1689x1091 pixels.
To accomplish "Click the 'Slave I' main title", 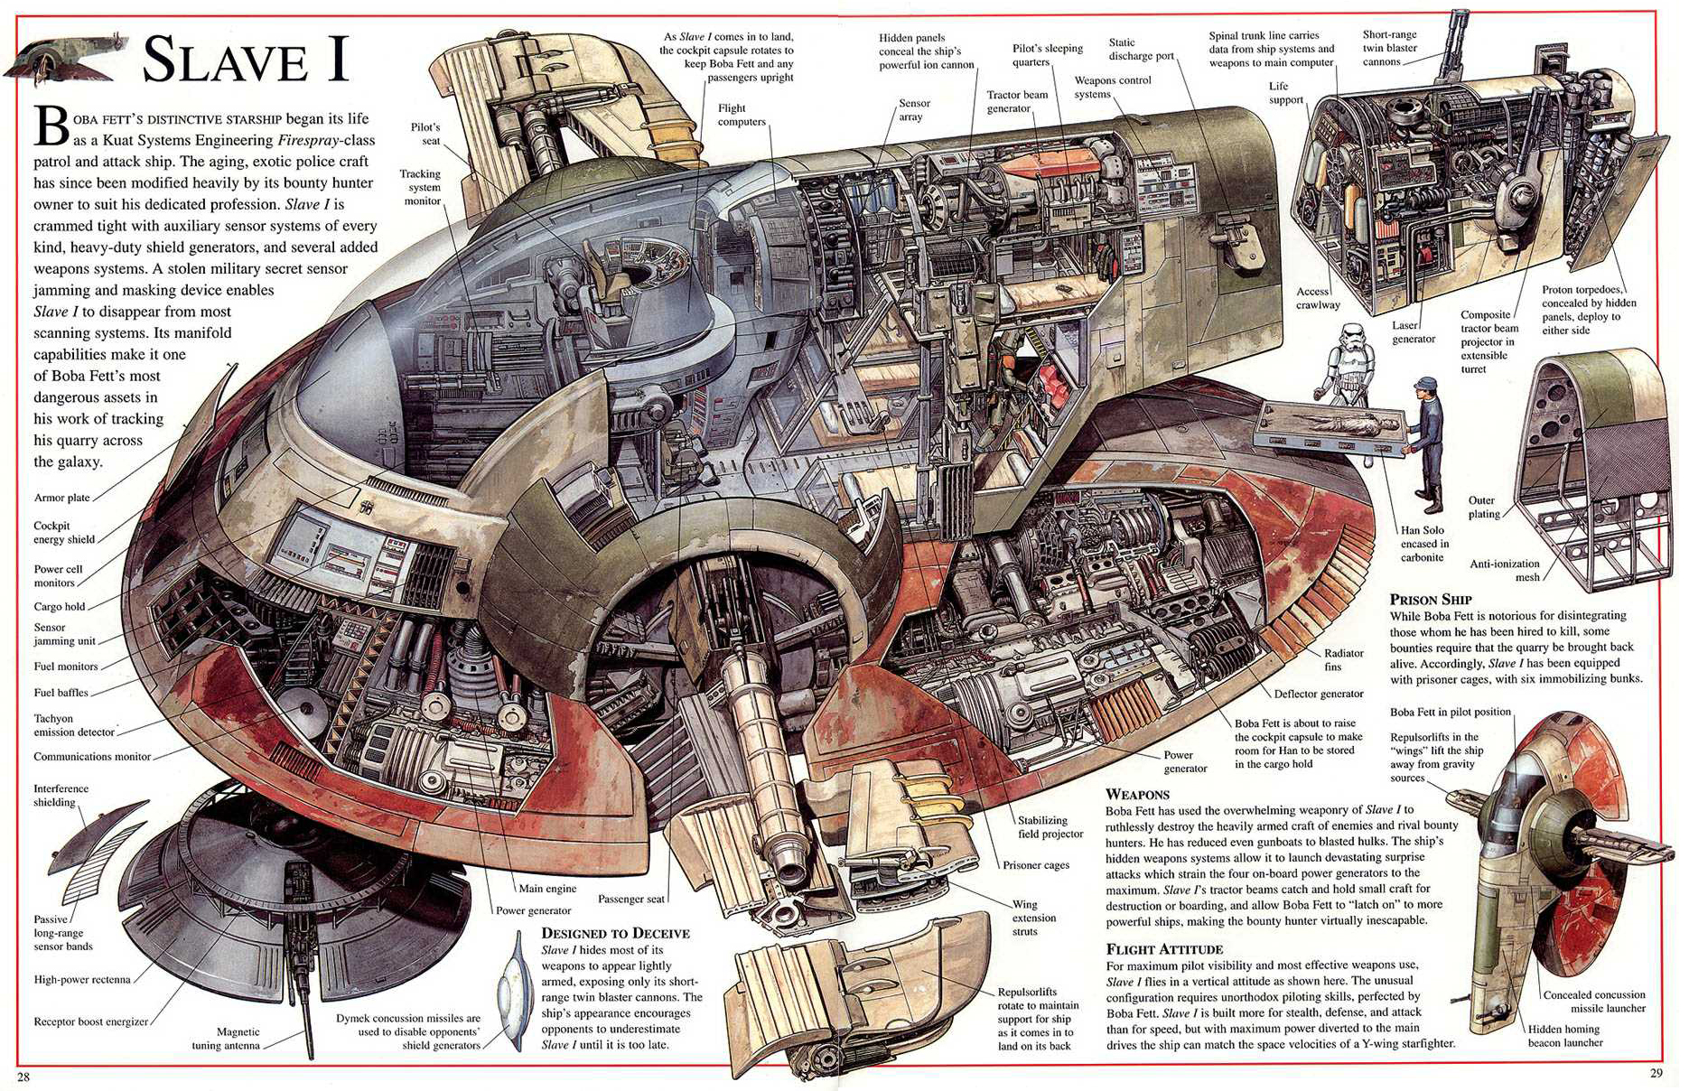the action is pos(245,60).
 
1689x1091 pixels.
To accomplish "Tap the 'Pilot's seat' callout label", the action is pos(425,134).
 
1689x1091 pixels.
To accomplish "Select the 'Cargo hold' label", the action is pos(60,607).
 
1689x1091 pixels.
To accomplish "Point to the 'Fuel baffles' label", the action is pos(61,693).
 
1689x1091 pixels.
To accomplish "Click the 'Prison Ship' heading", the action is pos(1431,599).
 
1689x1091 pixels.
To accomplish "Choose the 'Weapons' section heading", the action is pos(1137,794).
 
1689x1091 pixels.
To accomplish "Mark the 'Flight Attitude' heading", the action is pos(1164,948).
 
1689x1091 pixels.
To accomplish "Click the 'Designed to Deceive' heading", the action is pos(615,933).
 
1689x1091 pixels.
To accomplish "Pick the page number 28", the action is pos(23,1076).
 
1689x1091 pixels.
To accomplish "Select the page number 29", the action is pos(1656,1073).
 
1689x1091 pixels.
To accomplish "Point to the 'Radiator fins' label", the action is pos(1344,659).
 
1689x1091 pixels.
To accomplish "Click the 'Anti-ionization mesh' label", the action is pos(1505,570).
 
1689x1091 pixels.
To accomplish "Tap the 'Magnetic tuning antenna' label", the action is pos(226,1039).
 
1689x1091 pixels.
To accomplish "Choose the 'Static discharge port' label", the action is pos(1142,49).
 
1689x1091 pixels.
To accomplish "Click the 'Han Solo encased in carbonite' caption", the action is pos(1423,544).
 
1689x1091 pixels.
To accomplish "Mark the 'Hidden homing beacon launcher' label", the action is pos(1565,1036).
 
